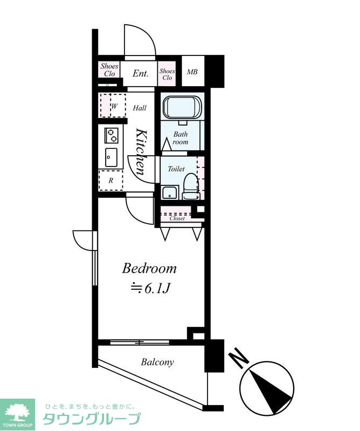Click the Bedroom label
coord(149,268)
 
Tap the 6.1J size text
coord(150,288)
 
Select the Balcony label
coord(157,362)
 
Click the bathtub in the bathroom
coord(182,108)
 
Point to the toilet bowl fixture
coord(191,186)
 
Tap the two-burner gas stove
coord(112,135)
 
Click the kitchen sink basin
coord(111,157)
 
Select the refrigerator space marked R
coord(111,180)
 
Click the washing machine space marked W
coord(113,106)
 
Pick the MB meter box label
coord(192,72)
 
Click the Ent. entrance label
coord(140,73)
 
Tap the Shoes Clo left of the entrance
coord(109,70)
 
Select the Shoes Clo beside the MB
coord(167,74)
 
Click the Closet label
coord(177,218)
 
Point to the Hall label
coord(140,108)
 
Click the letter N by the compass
coord(239,358)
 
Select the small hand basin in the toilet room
coord(170,193)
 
